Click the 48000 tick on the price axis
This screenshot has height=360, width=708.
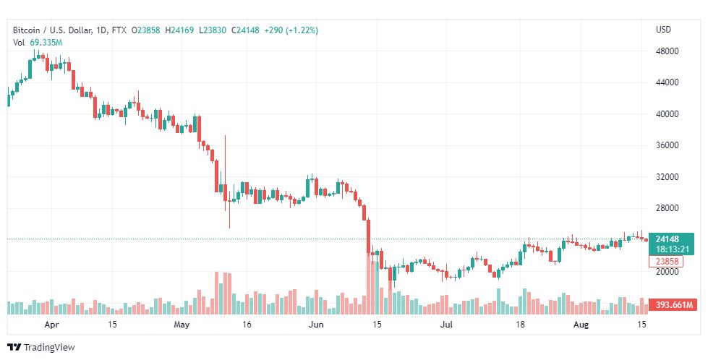click(x=666, y=51)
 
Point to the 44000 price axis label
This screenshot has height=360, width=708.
click(x=666, y=82)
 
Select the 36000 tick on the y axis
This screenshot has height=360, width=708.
click(x=666, y=145)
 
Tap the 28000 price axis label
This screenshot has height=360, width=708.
click(x=666, y=208)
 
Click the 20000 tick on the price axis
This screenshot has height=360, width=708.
click(x=666, y=272)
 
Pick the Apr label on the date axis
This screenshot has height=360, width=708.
click(x=51, y=325)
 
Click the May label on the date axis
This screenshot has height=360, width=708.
click(x=182, y=325)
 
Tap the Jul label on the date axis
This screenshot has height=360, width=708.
click(x=448, y=325)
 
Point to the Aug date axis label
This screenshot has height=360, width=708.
click(x=581, y=325)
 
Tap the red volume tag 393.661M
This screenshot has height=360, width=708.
click(x=672, y=305)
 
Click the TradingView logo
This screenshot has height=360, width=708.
click(x=40, y=348)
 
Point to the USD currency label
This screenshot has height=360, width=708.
click(x=663, y=30)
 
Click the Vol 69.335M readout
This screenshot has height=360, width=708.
click(x=38, y=43)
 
